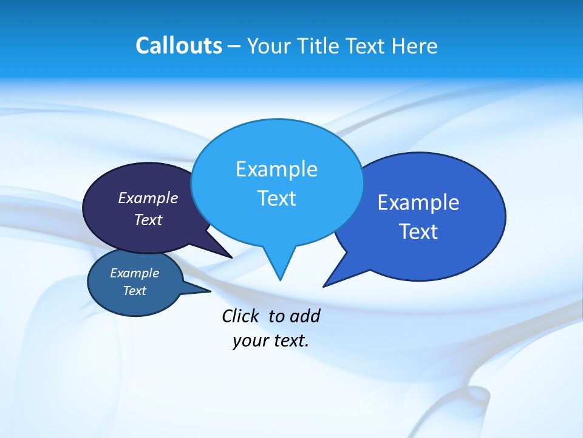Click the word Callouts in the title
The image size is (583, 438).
179,46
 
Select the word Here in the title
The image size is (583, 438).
415,46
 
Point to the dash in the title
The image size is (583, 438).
234,46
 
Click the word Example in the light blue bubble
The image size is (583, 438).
276,169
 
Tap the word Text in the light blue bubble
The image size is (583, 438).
276,198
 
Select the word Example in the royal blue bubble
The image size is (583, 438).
418,203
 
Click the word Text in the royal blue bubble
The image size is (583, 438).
418,232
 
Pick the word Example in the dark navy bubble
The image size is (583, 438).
148,198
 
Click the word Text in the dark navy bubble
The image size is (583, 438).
148,220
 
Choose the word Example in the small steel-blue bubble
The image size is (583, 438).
134,273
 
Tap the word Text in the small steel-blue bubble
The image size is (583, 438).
134,291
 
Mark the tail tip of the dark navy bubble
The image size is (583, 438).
231,257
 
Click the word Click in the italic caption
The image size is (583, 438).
240,316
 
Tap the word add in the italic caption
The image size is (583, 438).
305,316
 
